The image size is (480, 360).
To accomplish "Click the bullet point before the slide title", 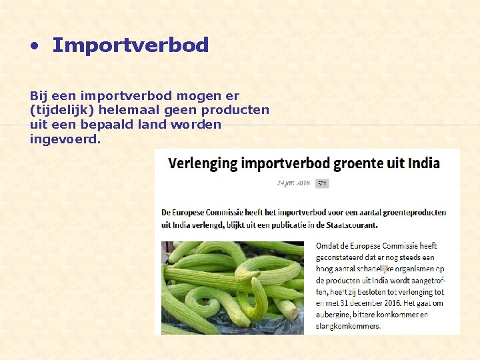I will (x=35, y=47).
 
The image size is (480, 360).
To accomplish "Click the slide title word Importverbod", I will (x=130, y=45).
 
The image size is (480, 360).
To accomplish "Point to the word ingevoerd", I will (x=65, y=139).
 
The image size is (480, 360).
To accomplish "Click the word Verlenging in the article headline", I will (x=203, y=163).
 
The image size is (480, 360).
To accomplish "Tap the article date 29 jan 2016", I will (x=294, y=183).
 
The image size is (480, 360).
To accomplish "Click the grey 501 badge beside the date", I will (x=322, y=183).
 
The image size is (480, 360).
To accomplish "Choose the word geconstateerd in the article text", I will (x=344, y=257).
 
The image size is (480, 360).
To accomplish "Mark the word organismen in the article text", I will (x=402, y=269).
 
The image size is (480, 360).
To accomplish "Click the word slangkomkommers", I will (x=348, y=326).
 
